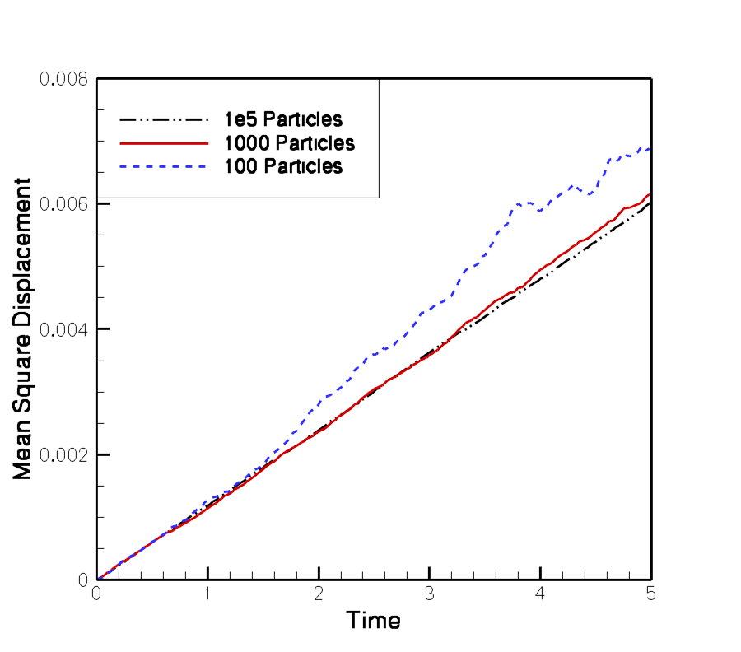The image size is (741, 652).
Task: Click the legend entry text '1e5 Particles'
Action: pos(284,119)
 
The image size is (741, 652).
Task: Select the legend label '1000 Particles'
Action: pos(290,142)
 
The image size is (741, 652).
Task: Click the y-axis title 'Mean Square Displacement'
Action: pos(23,328)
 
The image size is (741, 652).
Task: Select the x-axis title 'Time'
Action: pos(373,620)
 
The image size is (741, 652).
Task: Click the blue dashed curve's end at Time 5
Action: pos(650,149)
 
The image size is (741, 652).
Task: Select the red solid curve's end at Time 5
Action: pos(650,194)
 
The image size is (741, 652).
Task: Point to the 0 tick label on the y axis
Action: pos(84,580)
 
